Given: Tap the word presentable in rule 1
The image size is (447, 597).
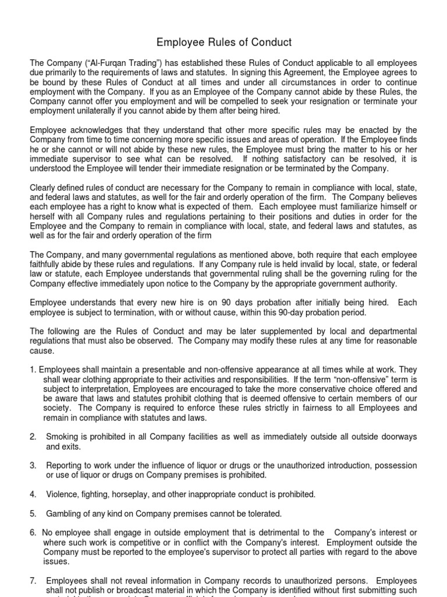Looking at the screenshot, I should [146, 369].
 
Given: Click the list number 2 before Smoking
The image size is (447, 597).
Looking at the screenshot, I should [33, 437].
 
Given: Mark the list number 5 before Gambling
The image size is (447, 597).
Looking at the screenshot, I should [33, 513].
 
